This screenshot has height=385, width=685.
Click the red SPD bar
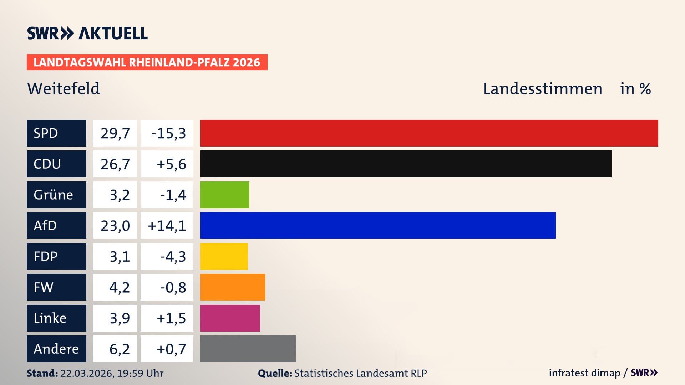click(429, 133)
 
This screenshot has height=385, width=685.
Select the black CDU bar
click(406, 164)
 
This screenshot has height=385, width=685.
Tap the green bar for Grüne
click(224, 195)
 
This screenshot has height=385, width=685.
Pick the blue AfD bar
click(378, 225)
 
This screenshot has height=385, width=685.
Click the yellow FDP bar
click(224, 256)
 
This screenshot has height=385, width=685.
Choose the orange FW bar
click(233, 287)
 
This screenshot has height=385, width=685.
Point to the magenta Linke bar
click(230, 318)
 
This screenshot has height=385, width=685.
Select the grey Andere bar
click(248, 349)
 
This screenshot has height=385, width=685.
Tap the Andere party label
click(56, 349)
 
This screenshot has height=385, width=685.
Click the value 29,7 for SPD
click(115, 133)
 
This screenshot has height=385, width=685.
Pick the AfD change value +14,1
click(167, 225)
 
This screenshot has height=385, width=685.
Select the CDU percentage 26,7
click(115, 164)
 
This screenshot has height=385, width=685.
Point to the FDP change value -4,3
click(173, 256)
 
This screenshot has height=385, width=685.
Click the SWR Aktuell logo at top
click(87, 33)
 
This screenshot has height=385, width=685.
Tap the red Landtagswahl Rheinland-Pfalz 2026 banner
click(147, 62)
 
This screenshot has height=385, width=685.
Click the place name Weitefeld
click(64, 88)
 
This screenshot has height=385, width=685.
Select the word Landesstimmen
click(542, 88)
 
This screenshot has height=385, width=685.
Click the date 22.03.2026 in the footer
click(87, 373)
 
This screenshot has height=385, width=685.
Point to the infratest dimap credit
click(584, 373)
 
